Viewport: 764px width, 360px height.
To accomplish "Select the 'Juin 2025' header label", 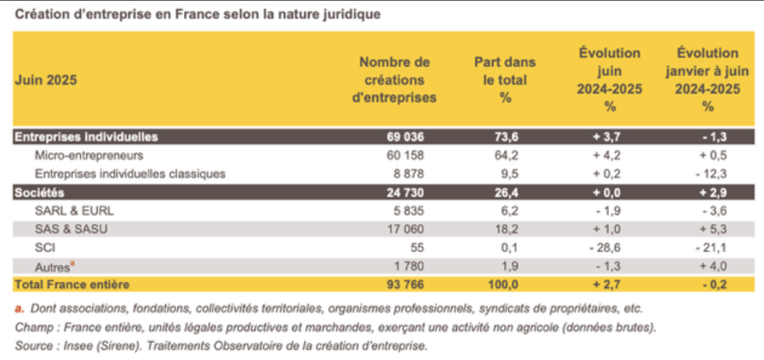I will point(46,80).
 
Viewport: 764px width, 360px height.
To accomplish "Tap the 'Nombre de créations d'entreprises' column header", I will point(394,80).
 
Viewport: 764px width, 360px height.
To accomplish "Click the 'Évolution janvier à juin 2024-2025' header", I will point(707,80).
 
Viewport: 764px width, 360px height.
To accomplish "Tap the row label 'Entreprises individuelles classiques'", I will point(129,173).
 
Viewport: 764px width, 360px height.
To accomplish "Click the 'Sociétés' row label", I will point(34,192).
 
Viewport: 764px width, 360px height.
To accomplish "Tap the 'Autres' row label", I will point(51,266).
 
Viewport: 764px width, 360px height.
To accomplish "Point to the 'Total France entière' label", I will point(71,284).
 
